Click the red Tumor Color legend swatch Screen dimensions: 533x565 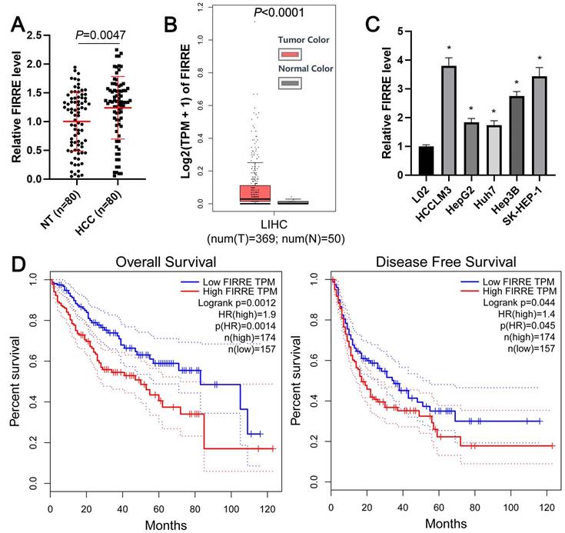click(291, 54)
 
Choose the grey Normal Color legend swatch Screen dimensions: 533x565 click(291, 82)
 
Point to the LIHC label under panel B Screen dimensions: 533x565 click(256, 226)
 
